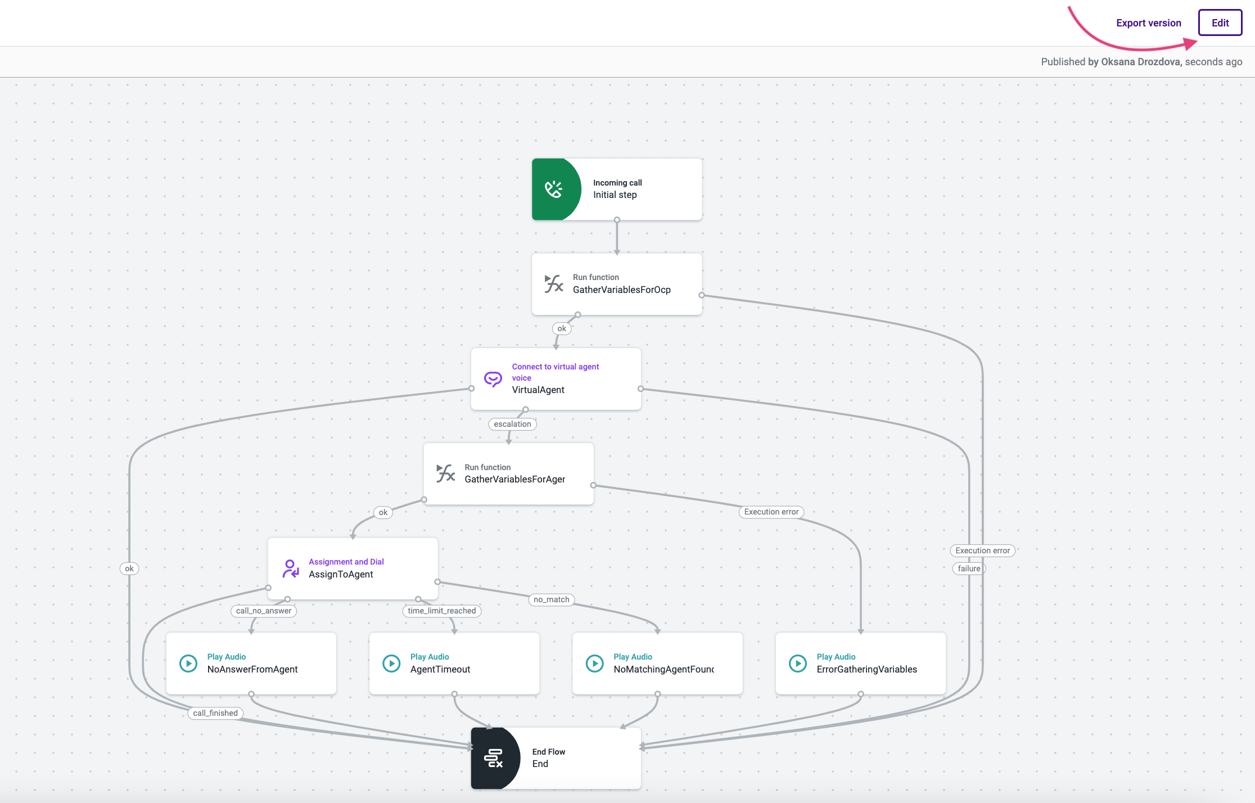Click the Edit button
1220,23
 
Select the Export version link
1148,23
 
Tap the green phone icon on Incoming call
554,189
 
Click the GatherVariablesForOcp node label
621,290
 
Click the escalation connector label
512,424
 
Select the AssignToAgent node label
341,574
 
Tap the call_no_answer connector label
264,611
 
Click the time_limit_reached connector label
442,611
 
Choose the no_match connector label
551,599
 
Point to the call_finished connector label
215,713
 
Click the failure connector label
969,569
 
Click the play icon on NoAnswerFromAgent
188,664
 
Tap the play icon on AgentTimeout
391,664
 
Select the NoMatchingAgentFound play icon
594,664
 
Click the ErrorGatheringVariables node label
866,669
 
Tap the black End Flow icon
494,758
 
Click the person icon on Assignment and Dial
290,569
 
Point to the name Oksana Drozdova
1140,62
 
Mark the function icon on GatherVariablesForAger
445,473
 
